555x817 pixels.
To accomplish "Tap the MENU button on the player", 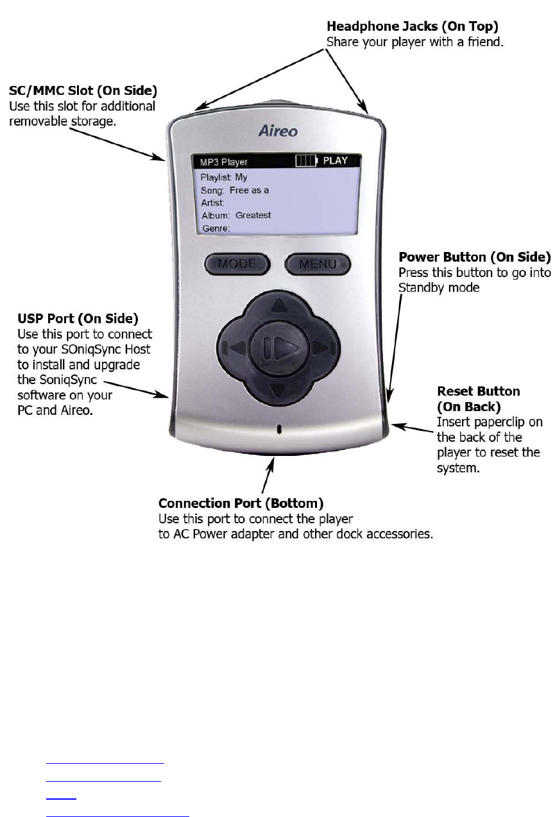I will [x=318, y=264].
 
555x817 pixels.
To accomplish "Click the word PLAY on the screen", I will [x=335, y=161].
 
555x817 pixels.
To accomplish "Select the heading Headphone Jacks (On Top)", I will [x=413, y=27].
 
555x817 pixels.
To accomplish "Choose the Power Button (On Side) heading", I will [x=475, y=257].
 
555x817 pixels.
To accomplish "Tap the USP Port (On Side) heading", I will [x=78, y=318].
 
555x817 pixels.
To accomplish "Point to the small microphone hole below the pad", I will [x=278, y=430].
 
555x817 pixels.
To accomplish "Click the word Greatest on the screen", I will [x=253, y=215].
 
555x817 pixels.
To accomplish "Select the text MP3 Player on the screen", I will [x=224, y=162].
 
